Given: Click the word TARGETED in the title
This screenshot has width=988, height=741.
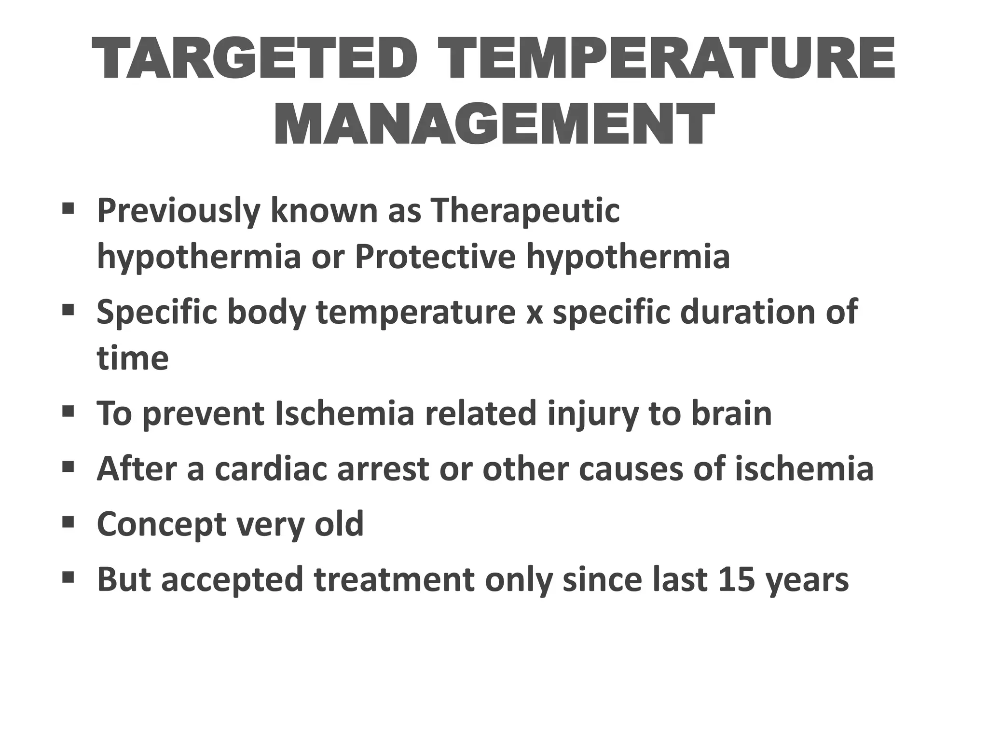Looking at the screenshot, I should click(253, 59).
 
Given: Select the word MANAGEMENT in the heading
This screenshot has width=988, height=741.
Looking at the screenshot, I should click(494, 124).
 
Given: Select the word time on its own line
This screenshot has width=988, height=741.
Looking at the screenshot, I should click(133, 358).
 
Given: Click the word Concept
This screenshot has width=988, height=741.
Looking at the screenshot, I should click(161, 525).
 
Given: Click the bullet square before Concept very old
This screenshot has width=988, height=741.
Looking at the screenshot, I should click(68, 521).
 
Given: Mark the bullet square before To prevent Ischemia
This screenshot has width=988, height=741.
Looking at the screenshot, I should click(68, 412).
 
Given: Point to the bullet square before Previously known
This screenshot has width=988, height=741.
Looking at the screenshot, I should click(68, 208).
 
